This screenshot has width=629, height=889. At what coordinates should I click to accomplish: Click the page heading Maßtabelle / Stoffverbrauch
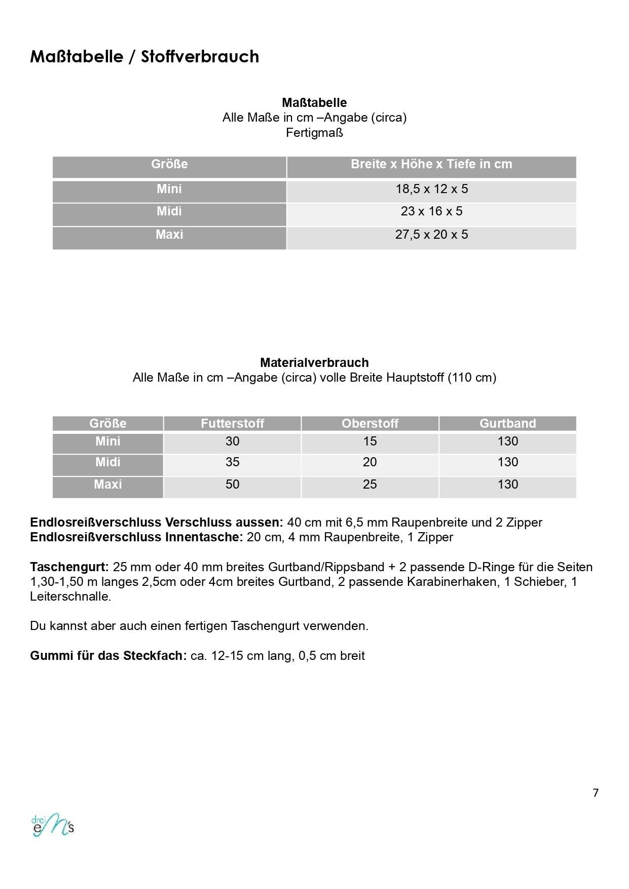click(x=144, y=56)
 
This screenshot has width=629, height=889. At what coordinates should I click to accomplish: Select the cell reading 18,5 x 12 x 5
click(x=431, y=189)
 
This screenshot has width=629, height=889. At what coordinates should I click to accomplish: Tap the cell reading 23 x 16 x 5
click(x=431, y=211)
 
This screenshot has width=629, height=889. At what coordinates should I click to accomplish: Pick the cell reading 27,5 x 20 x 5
click(x=431, y=235)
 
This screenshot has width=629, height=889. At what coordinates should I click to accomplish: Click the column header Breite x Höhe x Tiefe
click(x=431, y=164)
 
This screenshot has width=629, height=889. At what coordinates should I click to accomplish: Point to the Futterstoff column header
click(x=232, y=423)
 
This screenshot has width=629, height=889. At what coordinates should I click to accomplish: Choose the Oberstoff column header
click(x=369, y=423)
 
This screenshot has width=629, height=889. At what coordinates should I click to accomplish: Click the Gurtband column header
click(x=507, y=423)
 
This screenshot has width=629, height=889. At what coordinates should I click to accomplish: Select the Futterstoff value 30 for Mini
click(x=232, y=441)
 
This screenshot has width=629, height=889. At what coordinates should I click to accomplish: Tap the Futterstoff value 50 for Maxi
click(x=232, y=485)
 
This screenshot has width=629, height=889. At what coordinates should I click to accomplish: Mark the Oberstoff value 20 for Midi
click(x=369, y=462)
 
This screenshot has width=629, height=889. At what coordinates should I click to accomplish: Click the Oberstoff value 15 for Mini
click(x=369, y=441)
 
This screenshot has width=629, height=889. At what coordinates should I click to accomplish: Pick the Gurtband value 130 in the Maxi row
click(x=507, y=485)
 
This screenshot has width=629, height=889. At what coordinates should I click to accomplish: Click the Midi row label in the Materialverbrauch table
click(x=108, y=462)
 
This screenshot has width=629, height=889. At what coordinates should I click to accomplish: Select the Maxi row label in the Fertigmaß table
click(x=169, y=235)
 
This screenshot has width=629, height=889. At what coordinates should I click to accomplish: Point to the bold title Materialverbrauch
click(x=314, y=363)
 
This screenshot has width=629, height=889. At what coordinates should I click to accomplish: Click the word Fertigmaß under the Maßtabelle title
click(x=314, y=133)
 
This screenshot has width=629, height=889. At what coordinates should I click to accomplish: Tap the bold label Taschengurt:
click(x=69, y=567)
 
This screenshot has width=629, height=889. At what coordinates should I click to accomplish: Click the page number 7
click(x=596, y=793)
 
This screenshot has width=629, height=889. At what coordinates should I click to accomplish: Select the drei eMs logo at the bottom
click(x=53, y=825)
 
